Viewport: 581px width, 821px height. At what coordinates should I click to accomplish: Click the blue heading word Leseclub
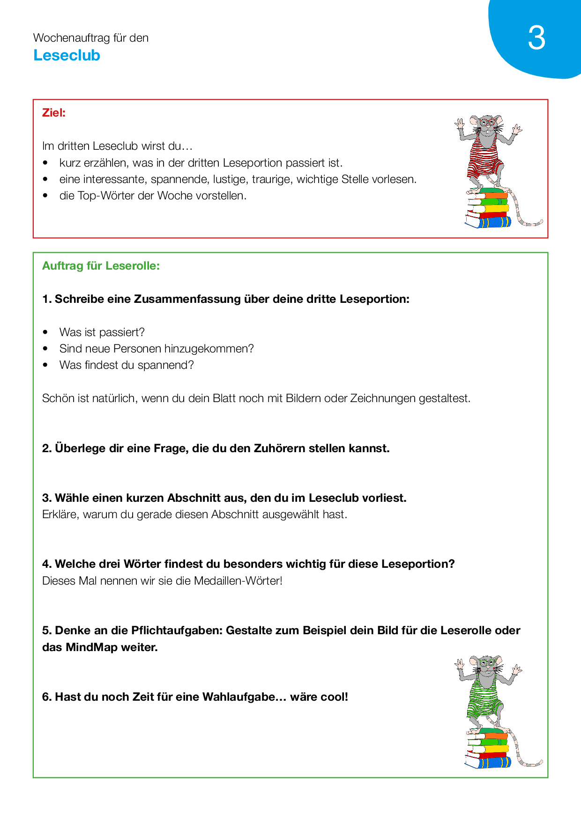tap(67, 55)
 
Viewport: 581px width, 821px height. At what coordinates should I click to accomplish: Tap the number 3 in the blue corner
tap(536, 38)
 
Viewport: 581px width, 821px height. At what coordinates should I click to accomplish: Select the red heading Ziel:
tap(54, 113)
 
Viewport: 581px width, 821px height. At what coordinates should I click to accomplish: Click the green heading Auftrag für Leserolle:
tap(101, 266)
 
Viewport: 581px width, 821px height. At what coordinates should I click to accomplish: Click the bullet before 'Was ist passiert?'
tap(45, 332)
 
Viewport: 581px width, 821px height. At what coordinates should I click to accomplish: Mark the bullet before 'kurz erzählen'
tap(45, 163)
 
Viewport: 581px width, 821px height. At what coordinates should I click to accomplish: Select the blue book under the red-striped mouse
tap(490, 222)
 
